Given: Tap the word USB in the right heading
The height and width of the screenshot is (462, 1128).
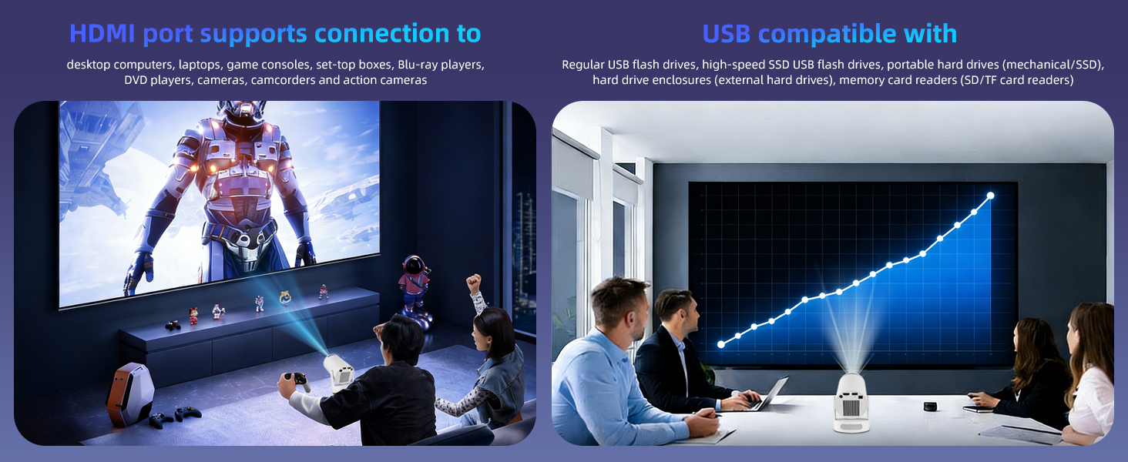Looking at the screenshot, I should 727,33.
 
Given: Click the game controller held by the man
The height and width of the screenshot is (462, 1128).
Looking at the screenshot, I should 297,380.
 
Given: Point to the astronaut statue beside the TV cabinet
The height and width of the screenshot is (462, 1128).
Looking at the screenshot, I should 414,285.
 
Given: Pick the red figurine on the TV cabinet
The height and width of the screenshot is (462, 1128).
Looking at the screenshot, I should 193,315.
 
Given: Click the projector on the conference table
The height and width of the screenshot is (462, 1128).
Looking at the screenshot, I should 853,402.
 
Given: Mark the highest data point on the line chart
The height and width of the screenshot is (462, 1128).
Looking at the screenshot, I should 990,196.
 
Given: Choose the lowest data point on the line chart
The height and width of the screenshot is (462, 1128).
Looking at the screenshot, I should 721,344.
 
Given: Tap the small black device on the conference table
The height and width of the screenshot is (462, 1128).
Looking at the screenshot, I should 930,406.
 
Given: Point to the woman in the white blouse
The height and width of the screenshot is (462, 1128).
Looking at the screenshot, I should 1090,377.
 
